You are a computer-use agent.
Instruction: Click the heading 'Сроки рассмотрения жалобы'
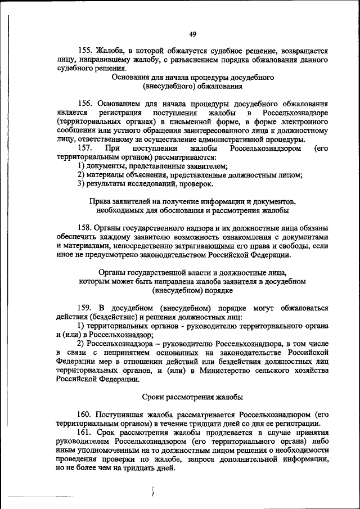pyautogui.click(x=192, y=397)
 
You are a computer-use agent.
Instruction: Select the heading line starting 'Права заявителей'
pyautogui.click(x=192, y=201)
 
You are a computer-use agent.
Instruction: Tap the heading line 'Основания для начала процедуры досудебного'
pyautogui.click(x=192, y=78)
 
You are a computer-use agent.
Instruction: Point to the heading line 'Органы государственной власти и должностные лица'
pyautogui.click(x=192, y=272)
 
